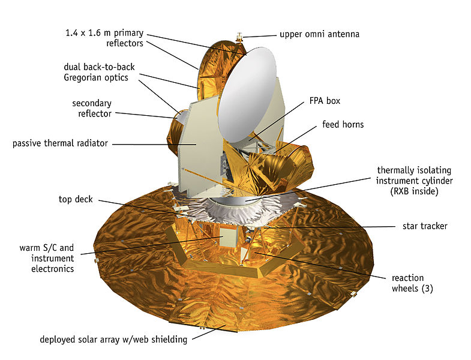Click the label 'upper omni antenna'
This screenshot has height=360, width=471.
click(319, 34)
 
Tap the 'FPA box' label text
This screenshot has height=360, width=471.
click(325, 101)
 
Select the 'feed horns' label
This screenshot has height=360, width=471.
click(343, 124)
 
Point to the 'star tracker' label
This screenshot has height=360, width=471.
click(425, 226)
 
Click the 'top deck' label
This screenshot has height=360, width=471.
click(76, 200)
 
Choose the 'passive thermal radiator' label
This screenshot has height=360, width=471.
click(60, 143)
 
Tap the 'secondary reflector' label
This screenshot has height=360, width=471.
click(92, 109)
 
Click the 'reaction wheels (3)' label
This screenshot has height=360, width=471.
click(412, 283)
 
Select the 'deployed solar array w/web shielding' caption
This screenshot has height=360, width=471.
click(113, 340)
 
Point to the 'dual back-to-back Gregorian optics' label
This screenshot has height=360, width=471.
click(99, 72)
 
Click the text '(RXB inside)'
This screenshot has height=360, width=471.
click(414, 191)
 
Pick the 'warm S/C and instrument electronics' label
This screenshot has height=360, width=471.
click(47, 258)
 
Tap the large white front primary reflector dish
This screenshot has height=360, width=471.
click(247, 95)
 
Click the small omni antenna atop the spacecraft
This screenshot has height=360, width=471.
click(239, 37)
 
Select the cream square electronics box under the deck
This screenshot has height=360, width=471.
click(228, 237)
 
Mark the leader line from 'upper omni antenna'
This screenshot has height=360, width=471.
click(260, 36)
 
